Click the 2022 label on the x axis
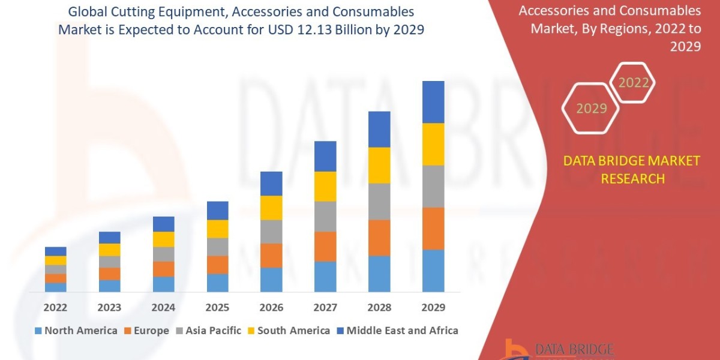tap(55, 308)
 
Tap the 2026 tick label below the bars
tap(271, 308)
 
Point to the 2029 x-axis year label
tap(433, 308)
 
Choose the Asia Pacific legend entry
tap(208, 331)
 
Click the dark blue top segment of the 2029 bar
tap(433, 102)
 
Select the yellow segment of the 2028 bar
tap(379, 165)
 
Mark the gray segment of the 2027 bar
tap(325, 216)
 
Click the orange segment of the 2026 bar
tap(271, 256)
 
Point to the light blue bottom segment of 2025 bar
tap(217, 283)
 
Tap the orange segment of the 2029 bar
tap(433, 229)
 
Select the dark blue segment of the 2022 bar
tap(55, 251)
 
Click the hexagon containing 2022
tap(632, 83)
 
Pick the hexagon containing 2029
tap(592, 109)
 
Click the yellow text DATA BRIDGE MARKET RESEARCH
tap(632, 169)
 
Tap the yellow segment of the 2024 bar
tap(163, 239)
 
